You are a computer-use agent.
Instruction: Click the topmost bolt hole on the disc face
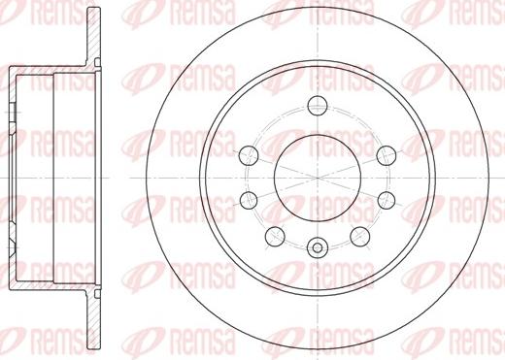coord(318,105)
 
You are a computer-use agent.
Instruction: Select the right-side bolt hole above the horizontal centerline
coord(387,155)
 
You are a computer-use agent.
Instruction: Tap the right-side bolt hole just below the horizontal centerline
coord(387,200)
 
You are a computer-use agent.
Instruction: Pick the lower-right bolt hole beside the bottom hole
coord(359,236)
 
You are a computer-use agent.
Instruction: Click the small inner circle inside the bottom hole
coord(318,248)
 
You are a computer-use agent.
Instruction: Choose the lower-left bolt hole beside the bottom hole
coord(275,236)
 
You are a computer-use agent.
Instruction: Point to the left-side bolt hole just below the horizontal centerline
coord(249,200)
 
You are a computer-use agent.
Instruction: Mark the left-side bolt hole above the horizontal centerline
coord(249,155)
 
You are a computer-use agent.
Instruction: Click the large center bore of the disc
coord(318,179)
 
